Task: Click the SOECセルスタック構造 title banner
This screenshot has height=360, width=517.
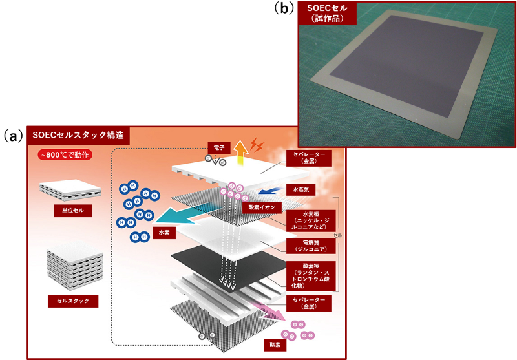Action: (78, 136)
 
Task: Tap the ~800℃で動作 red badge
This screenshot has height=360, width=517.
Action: (65, 156)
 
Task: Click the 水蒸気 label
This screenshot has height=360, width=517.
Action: (299, 190)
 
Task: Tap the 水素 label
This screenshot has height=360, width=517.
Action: (163, 232)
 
